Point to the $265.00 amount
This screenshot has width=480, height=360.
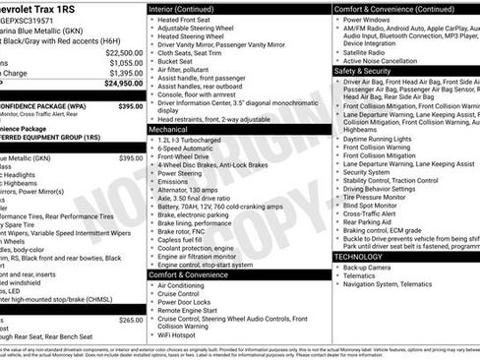(130, 321)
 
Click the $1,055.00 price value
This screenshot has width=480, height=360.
(125, 63)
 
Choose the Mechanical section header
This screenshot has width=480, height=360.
(168, 129)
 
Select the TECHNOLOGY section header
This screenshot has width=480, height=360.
(359, 257)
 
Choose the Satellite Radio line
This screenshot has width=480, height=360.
(367, 51)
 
